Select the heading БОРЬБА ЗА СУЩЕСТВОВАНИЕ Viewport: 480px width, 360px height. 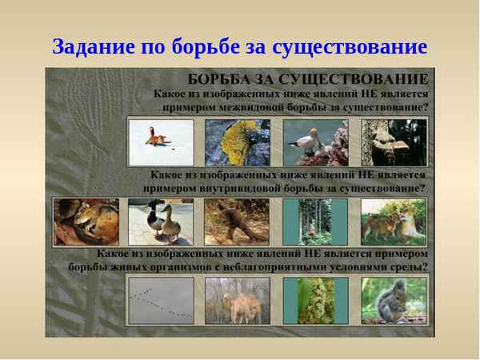pos(308,79)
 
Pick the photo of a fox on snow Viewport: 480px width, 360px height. pos(161,142)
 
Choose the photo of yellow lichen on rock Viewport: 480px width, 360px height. pos(238,142)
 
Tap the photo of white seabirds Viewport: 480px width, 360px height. pos(315,142)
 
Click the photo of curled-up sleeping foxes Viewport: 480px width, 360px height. pos(86,222)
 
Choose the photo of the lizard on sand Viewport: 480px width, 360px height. pos(237,222)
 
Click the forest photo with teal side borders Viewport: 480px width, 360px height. pos(314,222)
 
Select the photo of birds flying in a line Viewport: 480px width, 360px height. pos(161,300)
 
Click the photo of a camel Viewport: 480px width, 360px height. pos(238,300)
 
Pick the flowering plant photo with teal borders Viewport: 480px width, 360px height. pos(315,300)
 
